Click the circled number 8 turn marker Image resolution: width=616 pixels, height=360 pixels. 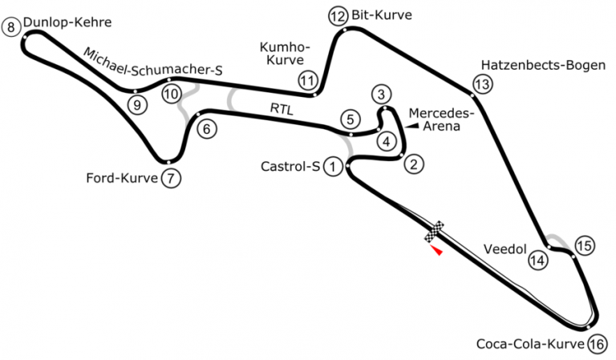[10, 27]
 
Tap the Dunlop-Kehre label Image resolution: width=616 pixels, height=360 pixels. [67, 22]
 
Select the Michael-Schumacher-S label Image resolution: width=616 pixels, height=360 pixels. [153, 63]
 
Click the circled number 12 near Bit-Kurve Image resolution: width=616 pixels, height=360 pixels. [338, 17]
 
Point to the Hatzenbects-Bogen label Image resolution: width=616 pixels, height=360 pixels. [543, 65]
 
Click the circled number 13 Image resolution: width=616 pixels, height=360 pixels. [482, 84]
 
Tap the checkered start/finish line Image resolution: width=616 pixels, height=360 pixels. [434, 231]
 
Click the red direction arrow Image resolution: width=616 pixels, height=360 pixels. [437, 250]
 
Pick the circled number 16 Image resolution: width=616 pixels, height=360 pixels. [597, 345]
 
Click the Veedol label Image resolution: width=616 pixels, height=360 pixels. [505, 249]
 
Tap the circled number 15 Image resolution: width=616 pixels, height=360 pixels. [585, 246]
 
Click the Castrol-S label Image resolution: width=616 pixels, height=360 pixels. [290, 167]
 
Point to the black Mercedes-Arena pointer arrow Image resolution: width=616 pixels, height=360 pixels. [412, 126]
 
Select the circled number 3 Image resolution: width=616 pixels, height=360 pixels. [381, 95]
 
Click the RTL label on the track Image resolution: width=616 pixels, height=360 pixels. [282, 109]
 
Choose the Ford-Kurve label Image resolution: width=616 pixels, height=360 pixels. [122, 178]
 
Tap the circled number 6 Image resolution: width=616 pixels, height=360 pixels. [207, 129]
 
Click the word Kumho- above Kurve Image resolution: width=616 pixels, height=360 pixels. [285, 47]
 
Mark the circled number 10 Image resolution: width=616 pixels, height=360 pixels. [172, 95]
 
